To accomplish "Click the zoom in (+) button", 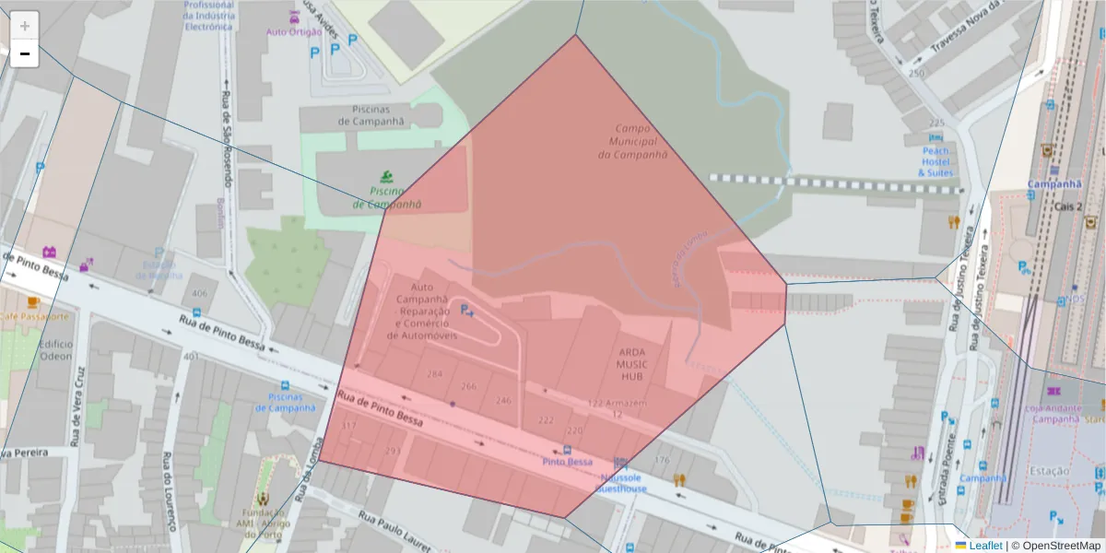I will tap(25, 26).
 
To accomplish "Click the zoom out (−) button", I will tap(25, 53).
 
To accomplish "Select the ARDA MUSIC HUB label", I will tap(632, 363).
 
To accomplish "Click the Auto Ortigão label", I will tap(294, 31).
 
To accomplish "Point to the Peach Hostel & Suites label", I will tap(936, 161).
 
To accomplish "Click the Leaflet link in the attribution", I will tap(985, 546).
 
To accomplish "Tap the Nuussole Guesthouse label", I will tap(623, 483).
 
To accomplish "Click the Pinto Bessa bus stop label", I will tap(568, 461).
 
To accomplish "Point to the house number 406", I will tap(199, 293).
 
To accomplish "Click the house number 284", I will tap(435, 373).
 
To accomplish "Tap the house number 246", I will tap(503, 400).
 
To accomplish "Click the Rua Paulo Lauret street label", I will tap(394, 531).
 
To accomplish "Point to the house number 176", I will tap(661, 460).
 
